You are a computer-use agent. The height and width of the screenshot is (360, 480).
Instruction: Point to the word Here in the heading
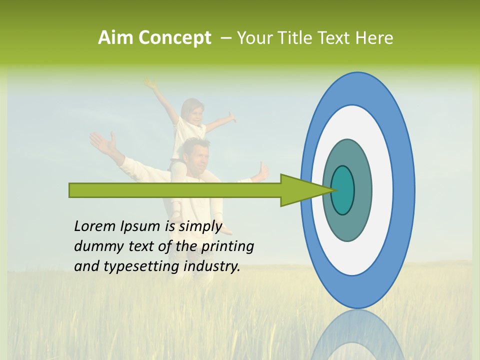click(374, 38)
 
